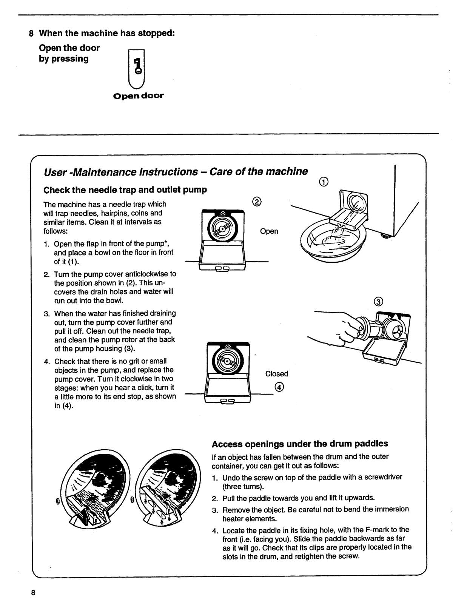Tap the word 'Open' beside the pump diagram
coord(269,231)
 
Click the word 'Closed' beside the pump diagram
coord(276,374)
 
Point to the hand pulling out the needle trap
coord(340,326)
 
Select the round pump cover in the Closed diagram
coord(225,360)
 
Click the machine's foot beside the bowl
coord(386,236)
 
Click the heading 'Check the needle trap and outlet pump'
coord(125,190)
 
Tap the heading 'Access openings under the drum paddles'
coord(300,443)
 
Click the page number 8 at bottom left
coord(33,592)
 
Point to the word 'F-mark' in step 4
coord(378,530)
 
